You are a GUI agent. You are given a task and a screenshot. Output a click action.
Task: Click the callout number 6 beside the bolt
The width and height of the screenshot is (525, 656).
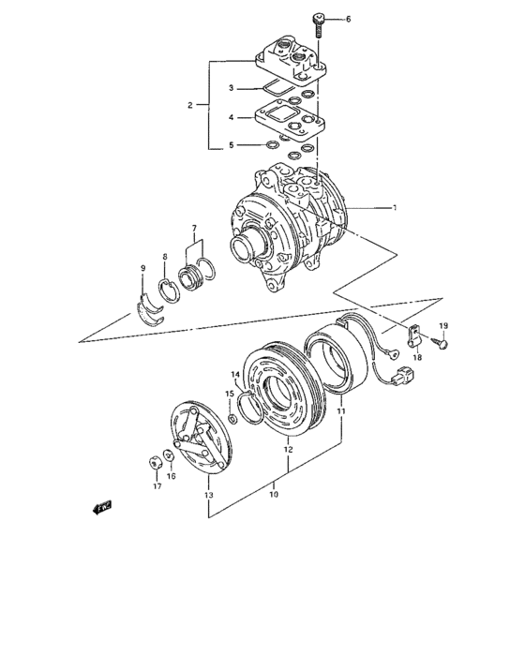point(349,20)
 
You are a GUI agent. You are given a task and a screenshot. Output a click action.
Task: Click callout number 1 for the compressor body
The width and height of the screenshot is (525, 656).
point(396,207)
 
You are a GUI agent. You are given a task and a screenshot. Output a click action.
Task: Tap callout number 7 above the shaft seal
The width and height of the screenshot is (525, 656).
point(194,229)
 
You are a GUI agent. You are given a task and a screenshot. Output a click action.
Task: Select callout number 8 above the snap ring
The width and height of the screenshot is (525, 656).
point(164,257)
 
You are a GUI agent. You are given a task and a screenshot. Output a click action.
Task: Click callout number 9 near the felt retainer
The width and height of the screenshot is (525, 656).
point(142,269)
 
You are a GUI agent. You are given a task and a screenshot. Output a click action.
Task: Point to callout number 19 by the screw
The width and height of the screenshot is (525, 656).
point(443,325)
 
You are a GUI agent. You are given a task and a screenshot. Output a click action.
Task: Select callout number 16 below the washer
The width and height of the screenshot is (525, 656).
point(171,476)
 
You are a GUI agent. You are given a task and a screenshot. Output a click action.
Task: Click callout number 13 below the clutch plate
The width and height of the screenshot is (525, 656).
point(208,494)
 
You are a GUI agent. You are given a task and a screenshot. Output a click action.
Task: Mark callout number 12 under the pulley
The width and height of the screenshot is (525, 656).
point(289,450)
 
